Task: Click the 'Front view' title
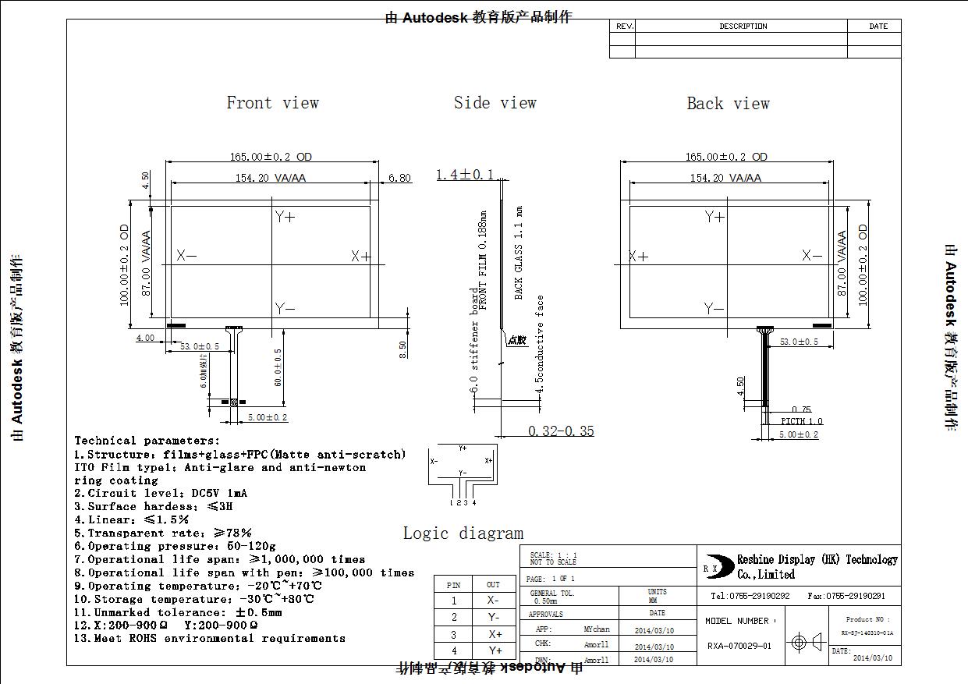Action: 272,103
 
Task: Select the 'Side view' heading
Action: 495,103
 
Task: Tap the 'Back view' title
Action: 728,104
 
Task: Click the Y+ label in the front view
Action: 285,217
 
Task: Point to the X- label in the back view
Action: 812,256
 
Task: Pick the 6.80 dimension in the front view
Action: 399,178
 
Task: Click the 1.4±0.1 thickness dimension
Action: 465,175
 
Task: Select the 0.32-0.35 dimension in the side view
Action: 561,431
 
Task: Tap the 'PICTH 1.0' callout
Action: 802,421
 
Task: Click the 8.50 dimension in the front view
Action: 402,349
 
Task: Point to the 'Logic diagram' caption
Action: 463,533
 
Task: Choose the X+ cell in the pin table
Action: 493,634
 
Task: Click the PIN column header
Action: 454,585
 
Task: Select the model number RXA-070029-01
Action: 739,646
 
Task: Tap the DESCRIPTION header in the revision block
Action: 743,27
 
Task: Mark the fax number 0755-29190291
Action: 846,596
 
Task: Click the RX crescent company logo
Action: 713,567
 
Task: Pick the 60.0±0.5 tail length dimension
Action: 278,367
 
